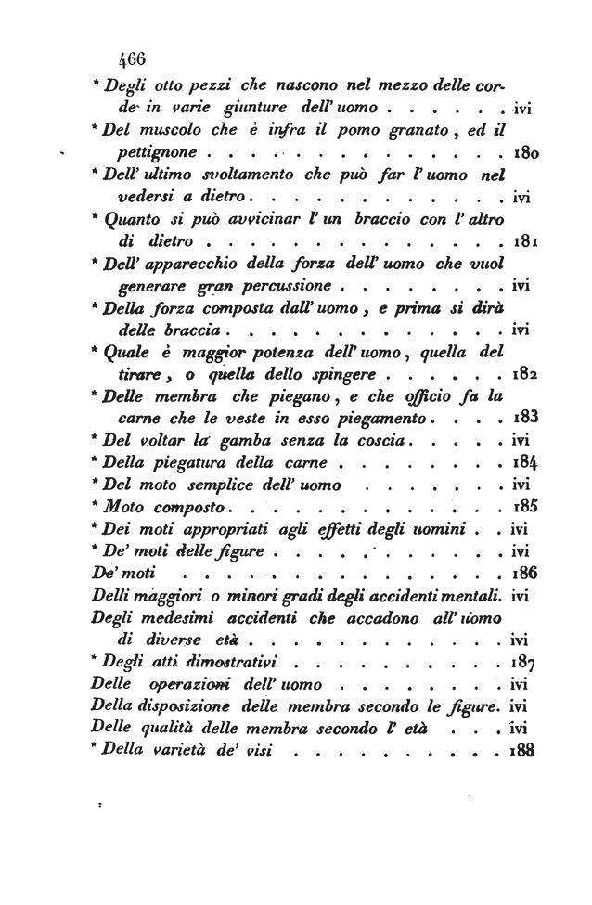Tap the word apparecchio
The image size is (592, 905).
point(185,263)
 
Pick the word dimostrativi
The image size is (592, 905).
point(249,663)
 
